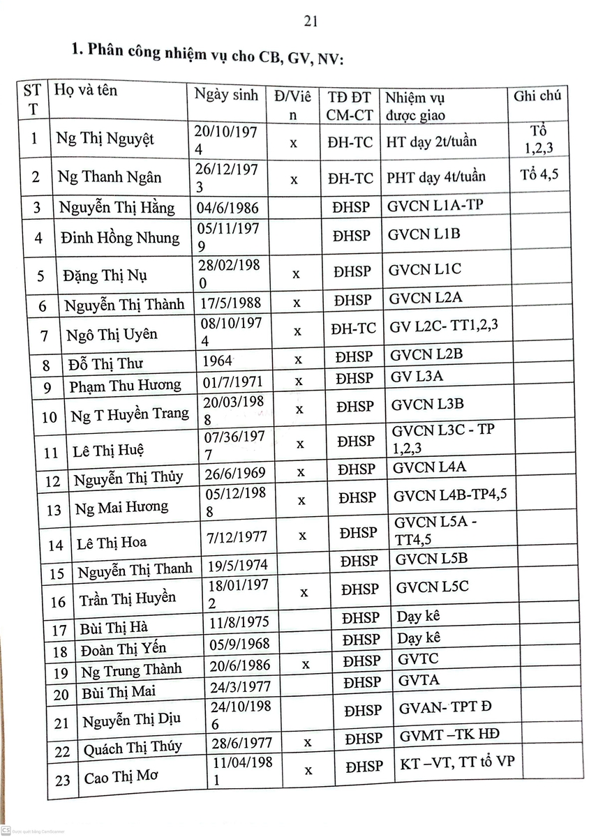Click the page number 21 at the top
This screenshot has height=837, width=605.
(311, 22)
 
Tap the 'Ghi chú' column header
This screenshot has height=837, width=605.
(537, 96)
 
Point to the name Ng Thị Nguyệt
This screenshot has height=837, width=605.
(105, 139)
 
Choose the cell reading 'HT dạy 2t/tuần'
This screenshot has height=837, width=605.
(431, 142)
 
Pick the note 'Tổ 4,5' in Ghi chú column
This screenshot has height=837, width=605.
(539, 175)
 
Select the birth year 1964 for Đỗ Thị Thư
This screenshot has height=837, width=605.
(217, 362)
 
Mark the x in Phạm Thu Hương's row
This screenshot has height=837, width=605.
(299, 382)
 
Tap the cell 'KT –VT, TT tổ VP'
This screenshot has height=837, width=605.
(456, 761)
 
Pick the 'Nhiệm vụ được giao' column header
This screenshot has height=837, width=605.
(416, 106)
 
